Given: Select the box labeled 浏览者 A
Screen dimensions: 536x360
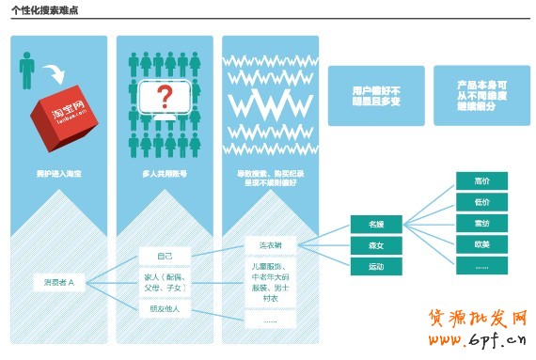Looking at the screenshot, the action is (x=58, y=282).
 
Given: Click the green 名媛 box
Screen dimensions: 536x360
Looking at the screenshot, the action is (x=376, y=224).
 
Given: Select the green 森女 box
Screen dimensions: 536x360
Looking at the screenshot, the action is (x=376, y=245).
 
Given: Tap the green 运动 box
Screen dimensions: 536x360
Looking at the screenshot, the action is (x=376, y=266).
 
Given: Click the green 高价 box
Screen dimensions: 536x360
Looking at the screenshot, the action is (x=483, y=180).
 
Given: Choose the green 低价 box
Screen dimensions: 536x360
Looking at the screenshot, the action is (x=483, y=201).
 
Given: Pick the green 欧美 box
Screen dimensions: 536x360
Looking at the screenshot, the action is (x=483, y=244).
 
